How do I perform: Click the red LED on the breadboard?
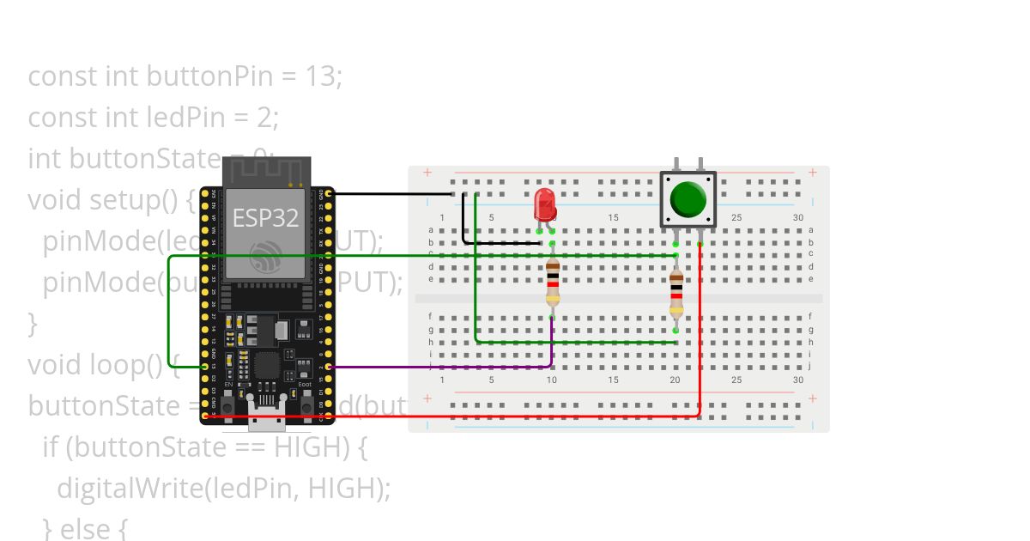[x=543, y=204]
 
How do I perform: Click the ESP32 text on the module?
[x=265, y=218]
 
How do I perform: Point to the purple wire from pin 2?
[x=446, y=368]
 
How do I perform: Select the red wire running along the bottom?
[x=515, y=416]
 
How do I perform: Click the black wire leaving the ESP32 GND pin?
[x=386, y=194]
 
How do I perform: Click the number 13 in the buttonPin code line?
[x=319, y=76]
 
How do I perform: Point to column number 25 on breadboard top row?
[x=736, y=218]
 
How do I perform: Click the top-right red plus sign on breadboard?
[x=812, y=173]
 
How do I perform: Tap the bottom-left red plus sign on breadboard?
[x=427, y=399]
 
